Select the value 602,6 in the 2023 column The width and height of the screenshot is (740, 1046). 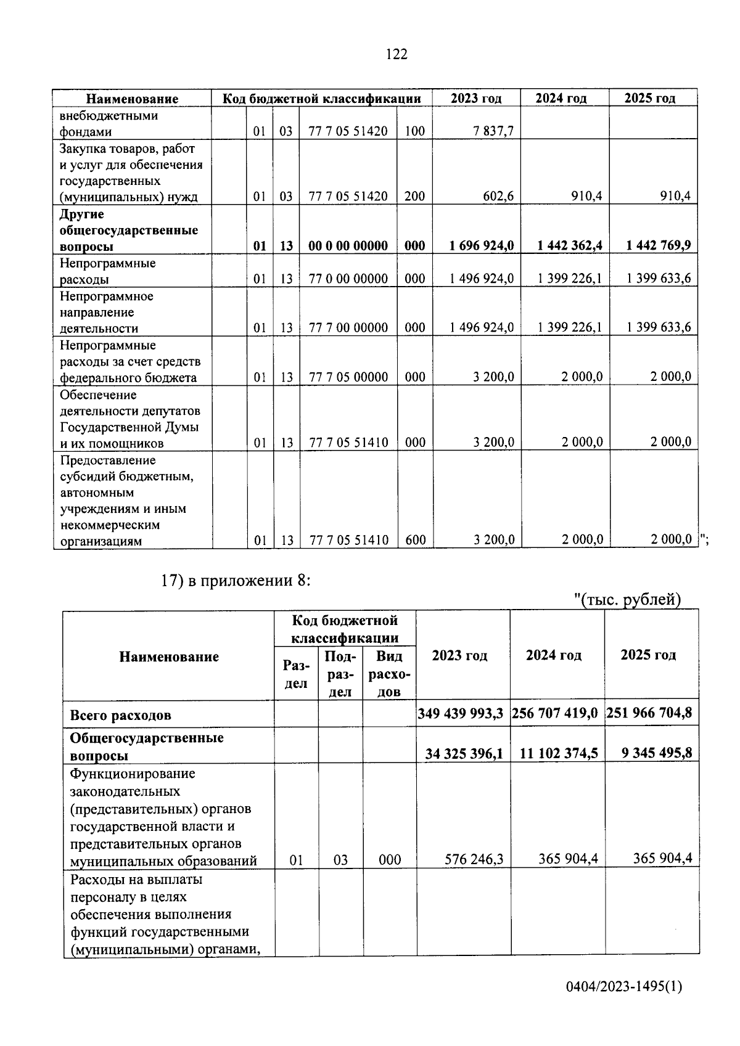[498, 197]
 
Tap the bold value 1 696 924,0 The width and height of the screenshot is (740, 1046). [482, 246]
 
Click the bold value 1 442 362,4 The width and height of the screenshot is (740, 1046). [569, 246]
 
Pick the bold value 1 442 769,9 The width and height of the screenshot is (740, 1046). [658, 246]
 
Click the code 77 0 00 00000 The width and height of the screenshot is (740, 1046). [348, 279]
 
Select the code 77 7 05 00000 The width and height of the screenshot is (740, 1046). [348, 377]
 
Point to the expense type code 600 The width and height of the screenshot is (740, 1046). [415, 541]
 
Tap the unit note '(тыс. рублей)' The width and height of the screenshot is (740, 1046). [627, 600]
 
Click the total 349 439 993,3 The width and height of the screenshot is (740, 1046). [461, 714]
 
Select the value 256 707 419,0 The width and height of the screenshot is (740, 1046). [555, 714]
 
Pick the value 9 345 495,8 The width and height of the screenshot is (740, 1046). [651, 753]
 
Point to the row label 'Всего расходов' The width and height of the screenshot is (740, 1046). [121, 716]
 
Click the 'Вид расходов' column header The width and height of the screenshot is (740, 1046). [389, 674]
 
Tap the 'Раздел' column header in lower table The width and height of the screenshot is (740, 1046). [296, 674]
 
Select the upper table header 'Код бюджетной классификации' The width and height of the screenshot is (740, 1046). [321, 99]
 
